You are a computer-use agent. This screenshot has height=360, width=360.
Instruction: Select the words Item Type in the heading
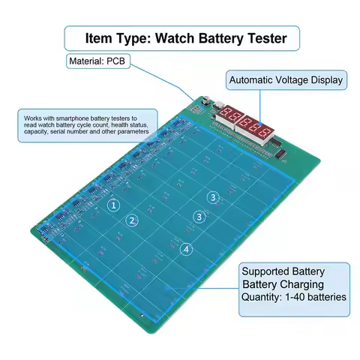point(112,38)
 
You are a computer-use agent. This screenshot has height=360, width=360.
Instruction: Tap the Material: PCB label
point(98,61)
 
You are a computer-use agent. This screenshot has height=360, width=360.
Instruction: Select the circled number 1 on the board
point(113,204)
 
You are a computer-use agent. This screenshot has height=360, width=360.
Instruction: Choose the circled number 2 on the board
point(132,220)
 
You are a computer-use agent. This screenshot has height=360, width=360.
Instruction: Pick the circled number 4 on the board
point(186,249)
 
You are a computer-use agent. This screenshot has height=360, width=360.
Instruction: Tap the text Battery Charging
point(283,285)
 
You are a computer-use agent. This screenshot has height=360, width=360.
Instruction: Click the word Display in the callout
point(329,79)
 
